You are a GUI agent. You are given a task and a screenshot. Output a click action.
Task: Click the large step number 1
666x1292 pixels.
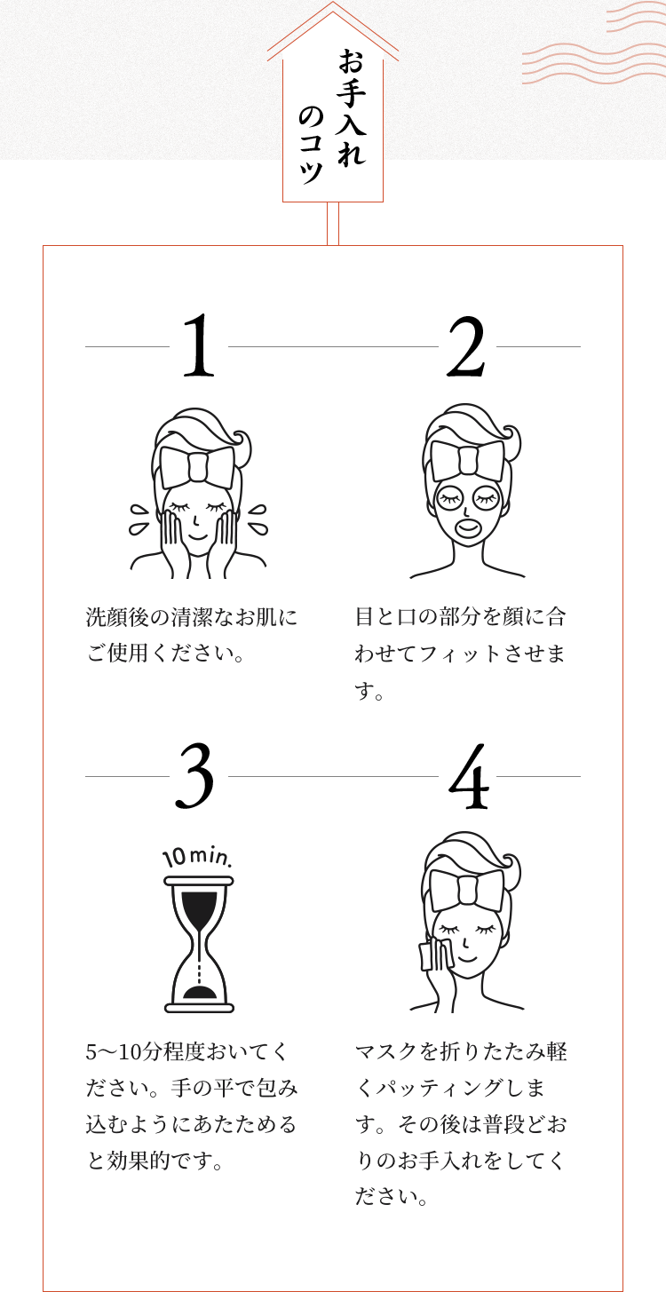(199, 345)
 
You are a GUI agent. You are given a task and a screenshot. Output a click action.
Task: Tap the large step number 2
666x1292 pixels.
(466, 346)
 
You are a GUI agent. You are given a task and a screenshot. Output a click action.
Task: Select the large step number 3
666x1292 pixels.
(194, 775)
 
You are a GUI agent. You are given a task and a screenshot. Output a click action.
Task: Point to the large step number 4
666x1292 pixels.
(469, 776)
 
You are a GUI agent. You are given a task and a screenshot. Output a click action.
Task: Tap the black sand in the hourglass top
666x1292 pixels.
(199, 906)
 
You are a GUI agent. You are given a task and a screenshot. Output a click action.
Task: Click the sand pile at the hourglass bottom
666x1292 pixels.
(200, 992)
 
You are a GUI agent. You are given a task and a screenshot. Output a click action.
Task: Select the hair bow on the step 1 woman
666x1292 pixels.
(198, 467)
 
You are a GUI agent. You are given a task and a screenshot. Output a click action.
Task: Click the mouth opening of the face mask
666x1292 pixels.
(466, 527)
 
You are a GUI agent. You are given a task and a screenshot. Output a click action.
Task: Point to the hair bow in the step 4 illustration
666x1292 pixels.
(467, 892)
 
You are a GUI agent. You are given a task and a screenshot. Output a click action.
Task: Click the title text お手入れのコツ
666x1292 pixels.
(333, 116)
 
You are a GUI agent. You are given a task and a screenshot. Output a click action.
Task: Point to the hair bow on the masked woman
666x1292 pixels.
(467, 462)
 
